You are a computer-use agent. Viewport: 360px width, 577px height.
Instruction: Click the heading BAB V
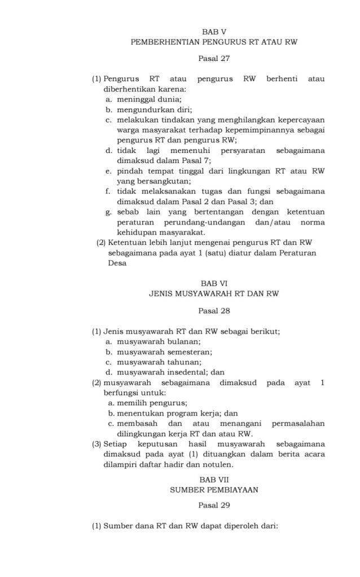(214, 32)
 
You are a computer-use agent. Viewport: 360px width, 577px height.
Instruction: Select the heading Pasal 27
(214, 58)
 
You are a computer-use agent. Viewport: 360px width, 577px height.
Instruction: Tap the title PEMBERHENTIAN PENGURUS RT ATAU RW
(214, 42)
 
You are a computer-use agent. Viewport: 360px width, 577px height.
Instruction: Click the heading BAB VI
(214, 284)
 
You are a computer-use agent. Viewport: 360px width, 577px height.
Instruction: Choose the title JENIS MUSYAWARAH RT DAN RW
(214, 294)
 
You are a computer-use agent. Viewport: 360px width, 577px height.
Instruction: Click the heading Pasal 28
(214, 310)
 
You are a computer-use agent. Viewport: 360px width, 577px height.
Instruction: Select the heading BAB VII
(214, 479)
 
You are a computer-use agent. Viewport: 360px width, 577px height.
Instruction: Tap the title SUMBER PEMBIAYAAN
(214, 490)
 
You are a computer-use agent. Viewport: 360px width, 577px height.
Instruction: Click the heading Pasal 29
(214, 505)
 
